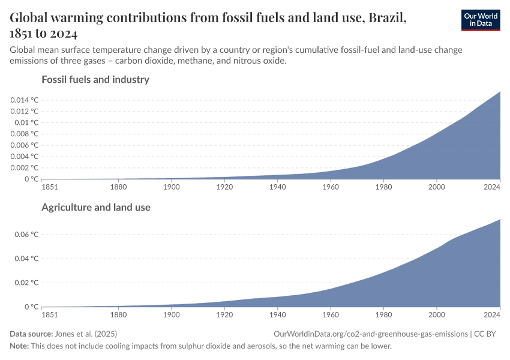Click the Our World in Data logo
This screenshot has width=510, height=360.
(480, 20)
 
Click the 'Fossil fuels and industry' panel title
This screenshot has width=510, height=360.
(95, 79)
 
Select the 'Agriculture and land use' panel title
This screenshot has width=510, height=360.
(95, 207)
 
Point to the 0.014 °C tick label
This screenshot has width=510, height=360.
(24, 100)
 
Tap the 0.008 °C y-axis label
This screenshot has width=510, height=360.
(24, 134)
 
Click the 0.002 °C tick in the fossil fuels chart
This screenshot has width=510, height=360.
(24, 168)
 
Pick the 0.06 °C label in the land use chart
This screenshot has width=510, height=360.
(26, 234)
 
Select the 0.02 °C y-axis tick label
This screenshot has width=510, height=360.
(26, 283)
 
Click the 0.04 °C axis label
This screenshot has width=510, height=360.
(26, 259)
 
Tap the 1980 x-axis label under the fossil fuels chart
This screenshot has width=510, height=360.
(383, 186)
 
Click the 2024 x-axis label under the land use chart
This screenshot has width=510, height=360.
(492, 314)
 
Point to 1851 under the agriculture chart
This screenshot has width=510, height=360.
(50, 314)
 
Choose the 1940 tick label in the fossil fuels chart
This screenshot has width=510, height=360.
(277, 186)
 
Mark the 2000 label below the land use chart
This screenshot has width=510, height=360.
(436, 314)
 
